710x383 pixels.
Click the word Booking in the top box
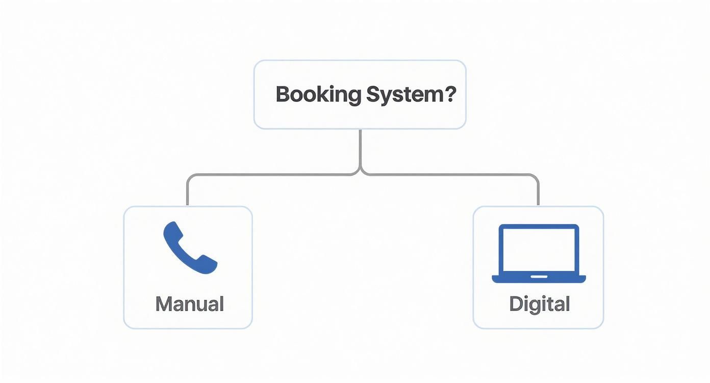318,95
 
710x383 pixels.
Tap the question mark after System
448,94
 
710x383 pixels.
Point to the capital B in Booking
283,95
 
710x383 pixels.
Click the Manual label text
189,304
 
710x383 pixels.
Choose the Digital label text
539,304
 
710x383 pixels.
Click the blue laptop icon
539,253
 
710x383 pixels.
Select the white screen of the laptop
539,250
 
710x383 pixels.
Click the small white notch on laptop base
539,277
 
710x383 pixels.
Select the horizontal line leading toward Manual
270,175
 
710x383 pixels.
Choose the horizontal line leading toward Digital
449,175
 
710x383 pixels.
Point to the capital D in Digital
516,304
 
